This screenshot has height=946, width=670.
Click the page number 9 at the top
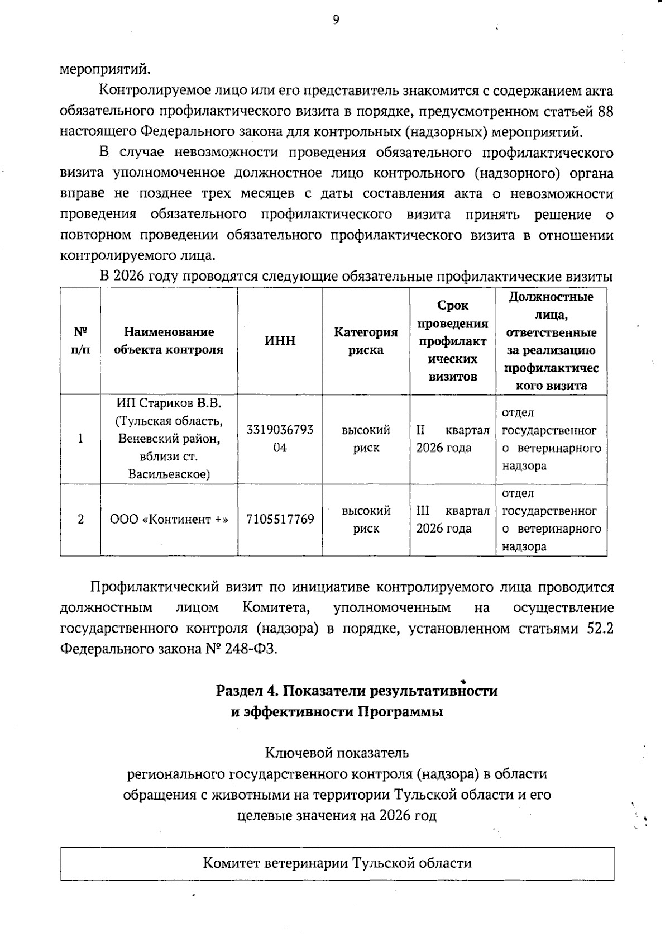click(x=336, y=21)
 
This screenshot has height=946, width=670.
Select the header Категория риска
click(x=366, y=341)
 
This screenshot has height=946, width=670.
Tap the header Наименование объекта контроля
click(x=169, y=341)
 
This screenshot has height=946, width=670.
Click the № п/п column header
click(x=80, y=341)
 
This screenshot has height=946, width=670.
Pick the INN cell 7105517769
click(x=280, y=519)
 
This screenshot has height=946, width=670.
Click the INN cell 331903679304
click(x=280, y=439)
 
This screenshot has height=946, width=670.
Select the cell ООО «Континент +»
click(x=169, y=519)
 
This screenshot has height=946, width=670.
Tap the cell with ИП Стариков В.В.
click(x=169, y=439)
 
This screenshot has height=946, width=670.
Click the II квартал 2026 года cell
click(x=452, y=439)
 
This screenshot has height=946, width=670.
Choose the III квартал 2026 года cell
click(x=452, y=519)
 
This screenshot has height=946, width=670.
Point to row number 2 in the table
click(x=80, y=519)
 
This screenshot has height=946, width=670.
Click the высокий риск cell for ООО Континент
click(x=366, y=519)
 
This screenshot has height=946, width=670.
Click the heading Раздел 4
click(x=357, y=691)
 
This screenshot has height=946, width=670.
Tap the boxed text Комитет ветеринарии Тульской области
click(x=337, y=863)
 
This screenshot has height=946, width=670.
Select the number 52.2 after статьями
click(x=600, y=629)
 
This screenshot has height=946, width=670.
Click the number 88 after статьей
click(x=605, y=112)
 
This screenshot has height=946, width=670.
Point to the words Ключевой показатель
click(x=337, y=753)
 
